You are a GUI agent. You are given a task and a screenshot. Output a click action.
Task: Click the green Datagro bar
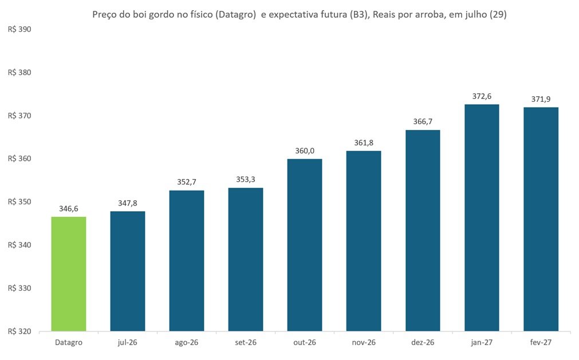[x=69, y=274]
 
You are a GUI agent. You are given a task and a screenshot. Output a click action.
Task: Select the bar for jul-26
[x=128, y=271]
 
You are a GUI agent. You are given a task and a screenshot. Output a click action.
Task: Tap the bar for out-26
[x=305, y=245]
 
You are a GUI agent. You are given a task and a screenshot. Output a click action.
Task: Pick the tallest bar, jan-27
[x=482, y=217]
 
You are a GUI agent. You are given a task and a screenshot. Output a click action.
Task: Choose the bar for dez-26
[x=423, y=231]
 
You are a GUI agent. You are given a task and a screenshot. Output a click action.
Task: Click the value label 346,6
[x=69, y=209]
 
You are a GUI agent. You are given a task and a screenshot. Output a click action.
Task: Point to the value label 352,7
[x=187, y=182]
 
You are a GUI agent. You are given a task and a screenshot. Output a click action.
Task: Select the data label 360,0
[x=305, y=151]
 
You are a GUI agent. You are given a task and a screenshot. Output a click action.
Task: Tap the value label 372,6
[x=482, y=96]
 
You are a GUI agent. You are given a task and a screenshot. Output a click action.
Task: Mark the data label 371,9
[x=541, y=99]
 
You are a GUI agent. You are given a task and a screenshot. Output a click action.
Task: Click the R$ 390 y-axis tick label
[x=19, y=30]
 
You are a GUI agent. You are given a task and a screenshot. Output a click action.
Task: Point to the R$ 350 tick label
[x=19, y=202]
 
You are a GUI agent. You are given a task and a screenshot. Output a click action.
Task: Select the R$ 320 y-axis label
[x=19, y=331]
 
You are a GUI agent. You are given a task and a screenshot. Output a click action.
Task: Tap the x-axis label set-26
[x=246, y=342]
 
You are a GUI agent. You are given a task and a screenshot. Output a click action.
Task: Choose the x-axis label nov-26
[x=364, y=342]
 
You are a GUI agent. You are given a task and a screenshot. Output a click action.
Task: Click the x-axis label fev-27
[x=541, y=342]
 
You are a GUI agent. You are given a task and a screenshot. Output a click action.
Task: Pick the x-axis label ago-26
[x=187, y=342]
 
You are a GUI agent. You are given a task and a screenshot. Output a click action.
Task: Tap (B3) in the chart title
[x=359, y=15]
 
